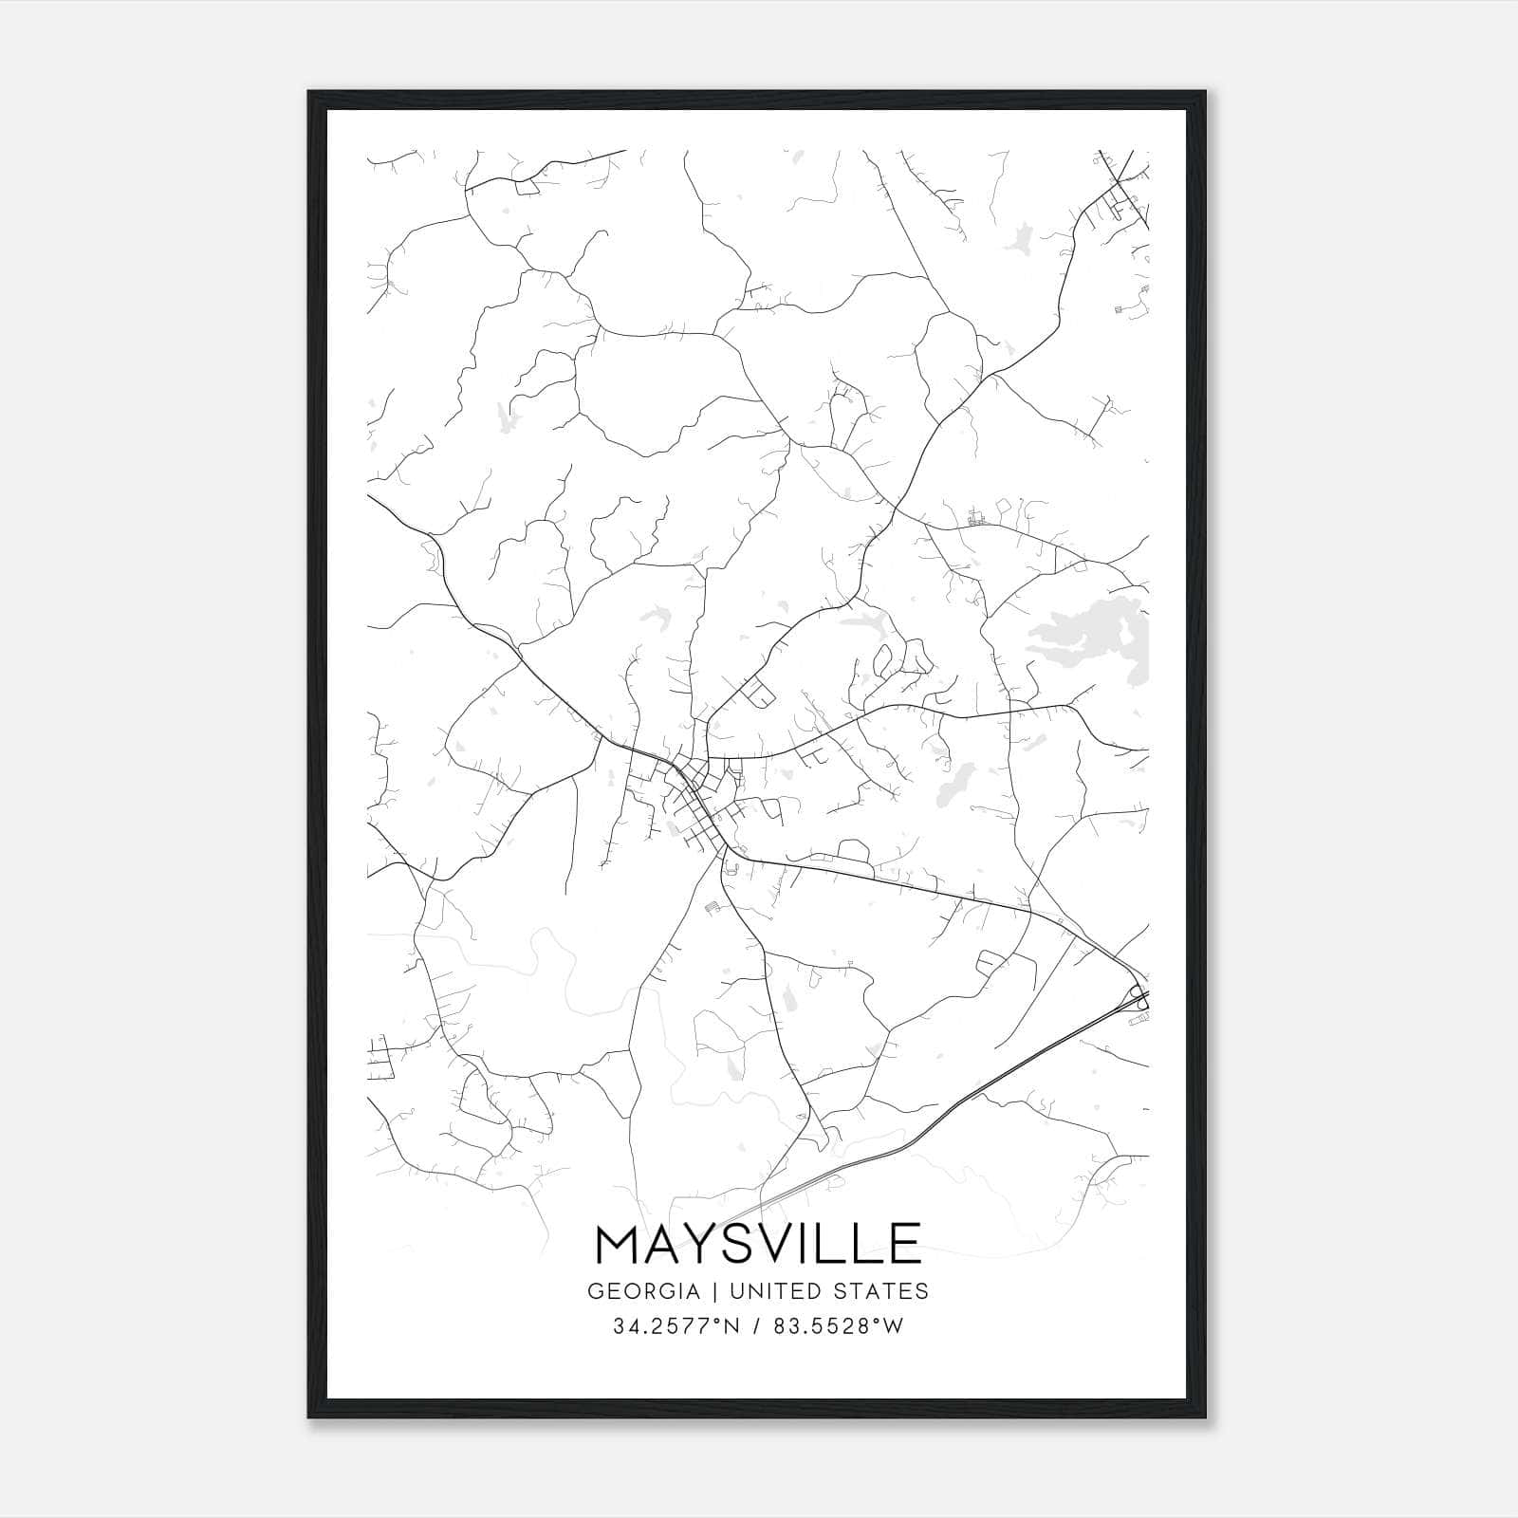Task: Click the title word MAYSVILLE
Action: (x=758, y=1244)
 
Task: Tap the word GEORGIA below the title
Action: (x=644, y=1291)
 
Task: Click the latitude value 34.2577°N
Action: (x=676, y=1326)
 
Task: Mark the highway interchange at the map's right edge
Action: (x=1138, y=999)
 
